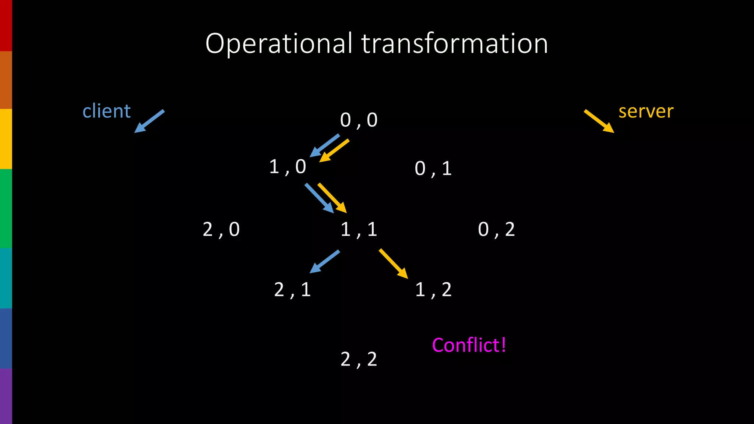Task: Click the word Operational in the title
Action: point(278,44)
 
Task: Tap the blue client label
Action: point(106,111)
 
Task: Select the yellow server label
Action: point(646,111)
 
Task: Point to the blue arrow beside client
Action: point(149,121)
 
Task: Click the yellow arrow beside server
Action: point(599,121)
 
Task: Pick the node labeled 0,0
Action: point(359,120)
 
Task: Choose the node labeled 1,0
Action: point(288,167)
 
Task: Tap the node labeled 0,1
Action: point(433,169)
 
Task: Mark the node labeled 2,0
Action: point(221,230)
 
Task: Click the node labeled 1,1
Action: point(359,230)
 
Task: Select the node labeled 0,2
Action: point(496,230)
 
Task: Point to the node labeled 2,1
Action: point(292,290)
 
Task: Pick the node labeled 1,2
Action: point(433,290)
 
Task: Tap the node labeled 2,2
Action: point(359,359)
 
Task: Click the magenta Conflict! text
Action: point(469,345)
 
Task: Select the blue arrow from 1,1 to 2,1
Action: point(324,262)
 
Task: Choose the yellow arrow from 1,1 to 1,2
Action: point(394,264)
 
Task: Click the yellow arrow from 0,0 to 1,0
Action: point(334,151)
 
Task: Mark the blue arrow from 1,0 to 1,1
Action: point(319,198)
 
